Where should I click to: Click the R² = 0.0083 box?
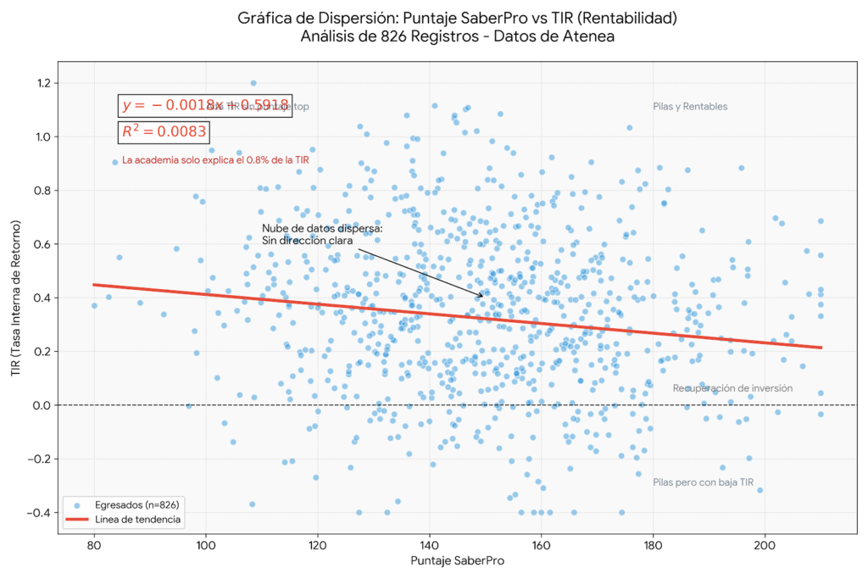click(162, 131)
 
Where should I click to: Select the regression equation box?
click(206, 105)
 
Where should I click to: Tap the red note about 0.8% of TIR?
click(214, 159)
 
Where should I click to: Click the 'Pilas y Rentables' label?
click(690, 107)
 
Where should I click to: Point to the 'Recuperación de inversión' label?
click(732, 388)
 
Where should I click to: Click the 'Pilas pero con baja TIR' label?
click(703, 482)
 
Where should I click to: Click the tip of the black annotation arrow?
click(484, 297)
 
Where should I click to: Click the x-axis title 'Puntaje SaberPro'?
click(458, 561)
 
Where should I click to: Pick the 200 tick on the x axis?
click(765, 544)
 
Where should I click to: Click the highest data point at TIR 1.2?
click(253, 83)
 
